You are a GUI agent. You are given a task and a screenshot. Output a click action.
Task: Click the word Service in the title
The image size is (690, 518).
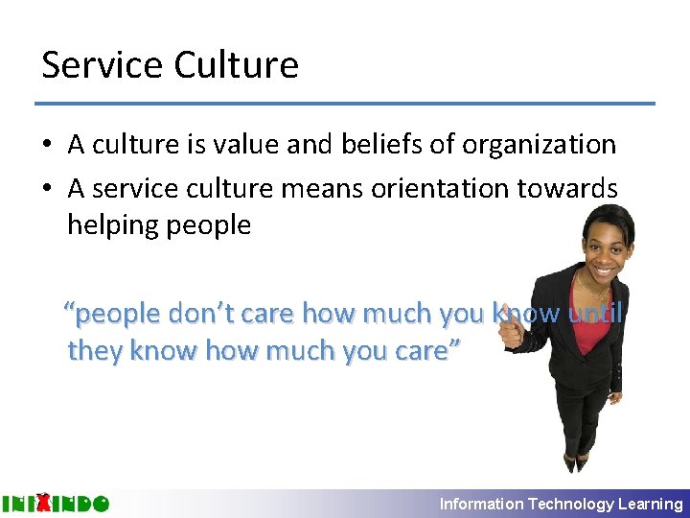click(102, 65)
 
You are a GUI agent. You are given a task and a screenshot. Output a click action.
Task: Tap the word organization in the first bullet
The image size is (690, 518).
click(539, 145)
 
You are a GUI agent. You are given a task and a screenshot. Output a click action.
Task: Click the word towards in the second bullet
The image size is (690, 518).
click(573, 188)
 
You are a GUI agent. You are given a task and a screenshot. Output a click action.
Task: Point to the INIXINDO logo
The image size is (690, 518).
click(55, 503)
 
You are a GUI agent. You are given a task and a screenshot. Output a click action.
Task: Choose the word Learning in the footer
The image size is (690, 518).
click(651, 504)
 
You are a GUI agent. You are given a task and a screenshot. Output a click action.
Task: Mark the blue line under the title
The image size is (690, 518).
click(345, 104)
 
